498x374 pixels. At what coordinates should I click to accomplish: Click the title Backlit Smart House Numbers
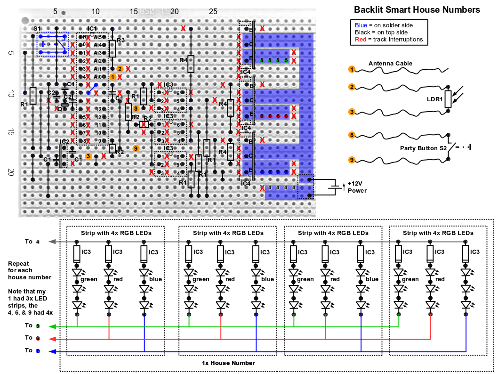coord(417,10)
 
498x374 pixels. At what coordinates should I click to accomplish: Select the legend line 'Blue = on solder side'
coord(384,25)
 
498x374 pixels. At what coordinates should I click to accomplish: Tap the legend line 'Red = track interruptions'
coord(389,39)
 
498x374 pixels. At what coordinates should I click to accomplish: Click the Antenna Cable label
coord(390,63)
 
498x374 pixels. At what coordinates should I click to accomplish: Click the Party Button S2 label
coord(423,148)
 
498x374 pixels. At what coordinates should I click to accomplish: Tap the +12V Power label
coord(357,187)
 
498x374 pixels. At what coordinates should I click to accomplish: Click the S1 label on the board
coord(37,29)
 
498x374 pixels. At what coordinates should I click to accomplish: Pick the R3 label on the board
coord(120,41)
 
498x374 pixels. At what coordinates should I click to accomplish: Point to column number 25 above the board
coord(213,11)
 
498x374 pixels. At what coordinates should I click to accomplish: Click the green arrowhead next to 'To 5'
coord(52,326)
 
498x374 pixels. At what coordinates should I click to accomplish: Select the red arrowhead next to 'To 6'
coord(52,339)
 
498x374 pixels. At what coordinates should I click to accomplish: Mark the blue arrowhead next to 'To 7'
coord(52,351)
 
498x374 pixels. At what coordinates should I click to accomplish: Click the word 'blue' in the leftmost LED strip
coord(155,279)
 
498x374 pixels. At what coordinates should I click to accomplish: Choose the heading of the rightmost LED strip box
coord(438,233)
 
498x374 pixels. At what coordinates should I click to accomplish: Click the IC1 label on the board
coord(92,29)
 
